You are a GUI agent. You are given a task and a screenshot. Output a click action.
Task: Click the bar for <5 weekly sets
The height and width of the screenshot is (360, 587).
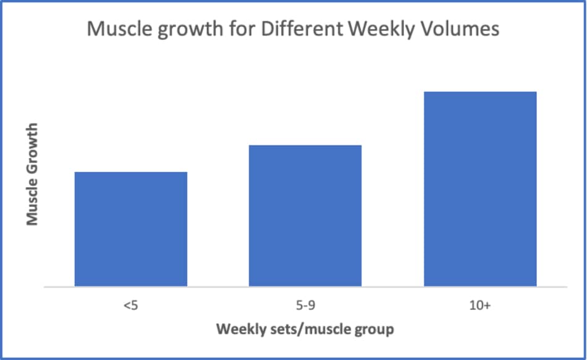coord(130,229)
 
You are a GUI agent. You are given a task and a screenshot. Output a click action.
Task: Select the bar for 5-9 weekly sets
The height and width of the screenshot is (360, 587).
coord(305,216)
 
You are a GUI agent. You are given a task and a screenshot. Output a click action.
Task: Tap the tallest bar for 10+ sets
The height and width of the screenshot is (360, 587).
coord(480,189)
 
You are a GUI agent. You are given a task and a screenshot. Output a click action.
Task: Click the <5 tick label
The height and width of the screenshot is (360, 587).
coord(130,306)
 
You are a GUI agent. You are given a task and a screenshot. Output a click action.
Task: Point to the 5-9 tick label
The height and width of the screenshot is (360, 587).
coord(305,306)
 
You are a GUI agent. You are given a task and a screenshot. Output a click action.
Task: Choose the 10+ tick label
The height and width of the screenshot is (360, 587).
coord(480,306)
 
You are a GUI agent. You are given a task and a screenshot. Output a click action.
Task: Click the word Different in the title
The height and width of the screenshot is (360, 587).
coord(302,29)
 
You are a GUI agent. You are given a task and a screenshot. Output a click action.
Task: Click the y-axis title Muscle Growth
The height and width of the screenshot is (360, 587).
coord(32,174)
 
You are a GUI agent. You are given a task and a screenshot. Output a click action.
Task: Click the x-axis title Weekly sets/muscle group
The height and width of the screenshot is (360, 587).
coord(305,329)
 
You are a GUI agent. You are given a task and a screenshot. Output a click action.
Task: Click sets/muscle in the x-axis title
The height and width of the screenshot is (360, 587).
coord(309,329)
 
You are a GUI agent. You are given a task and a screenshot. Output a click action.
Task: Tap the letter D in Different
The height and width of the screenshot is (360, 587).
coord(268,29)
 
